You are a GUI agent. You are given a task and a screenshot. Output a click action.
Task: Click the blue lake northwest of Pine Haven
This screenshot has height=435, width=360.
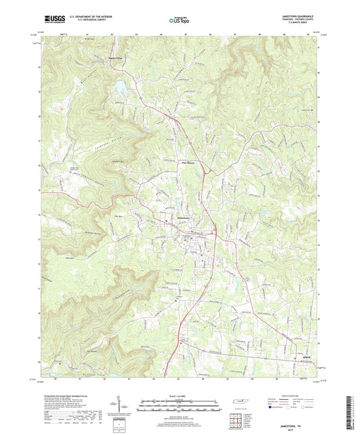coord(121,88)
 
